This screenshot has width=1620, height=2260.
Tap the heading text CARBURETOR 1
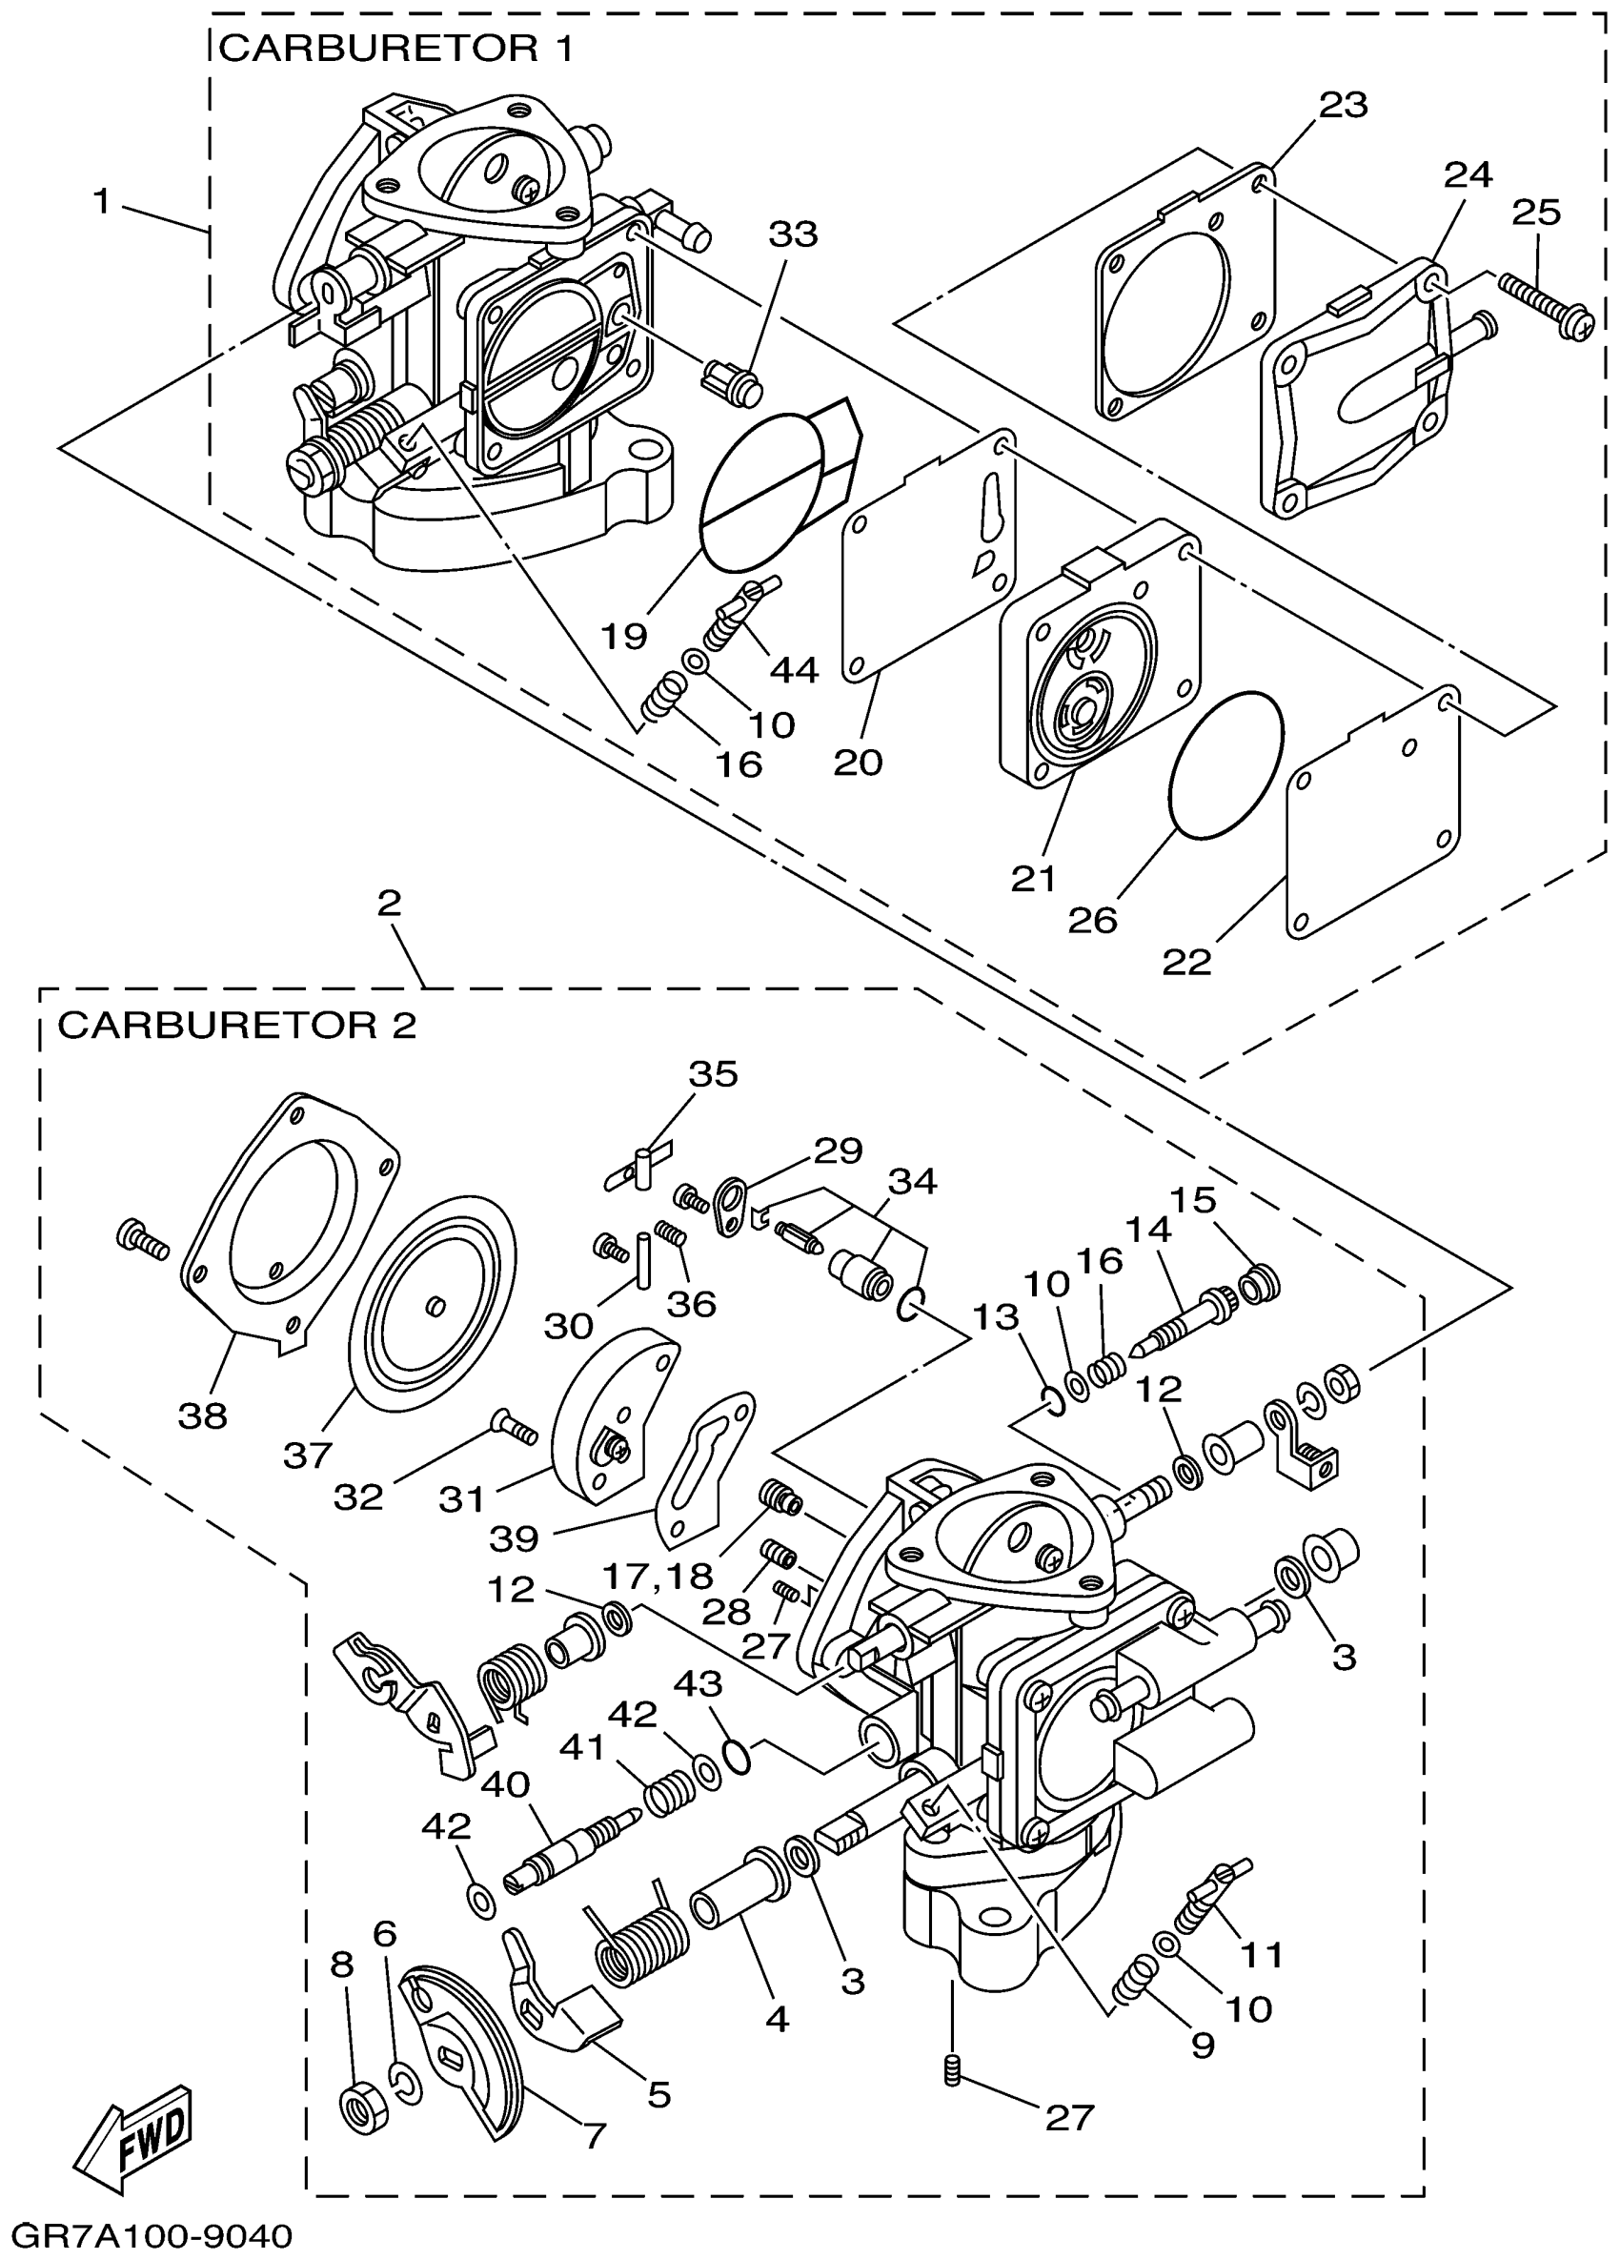click(395, 48)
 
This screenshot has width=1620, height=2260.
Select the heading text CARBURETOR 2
click(237, 1025)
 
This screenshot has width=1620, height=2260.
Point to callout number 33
click(793, 234)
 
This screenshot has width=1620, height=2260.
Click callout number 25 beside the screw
click(1536, 213)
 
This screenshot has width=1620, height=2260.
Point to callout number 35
click(714, 1074)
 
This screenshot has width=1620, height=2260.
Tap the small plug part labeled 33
click(730, 382)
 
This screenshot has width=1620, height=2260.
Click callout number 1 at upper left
click(101, 202)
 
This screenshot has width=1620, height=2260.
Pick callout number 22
click(1185, 962)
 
